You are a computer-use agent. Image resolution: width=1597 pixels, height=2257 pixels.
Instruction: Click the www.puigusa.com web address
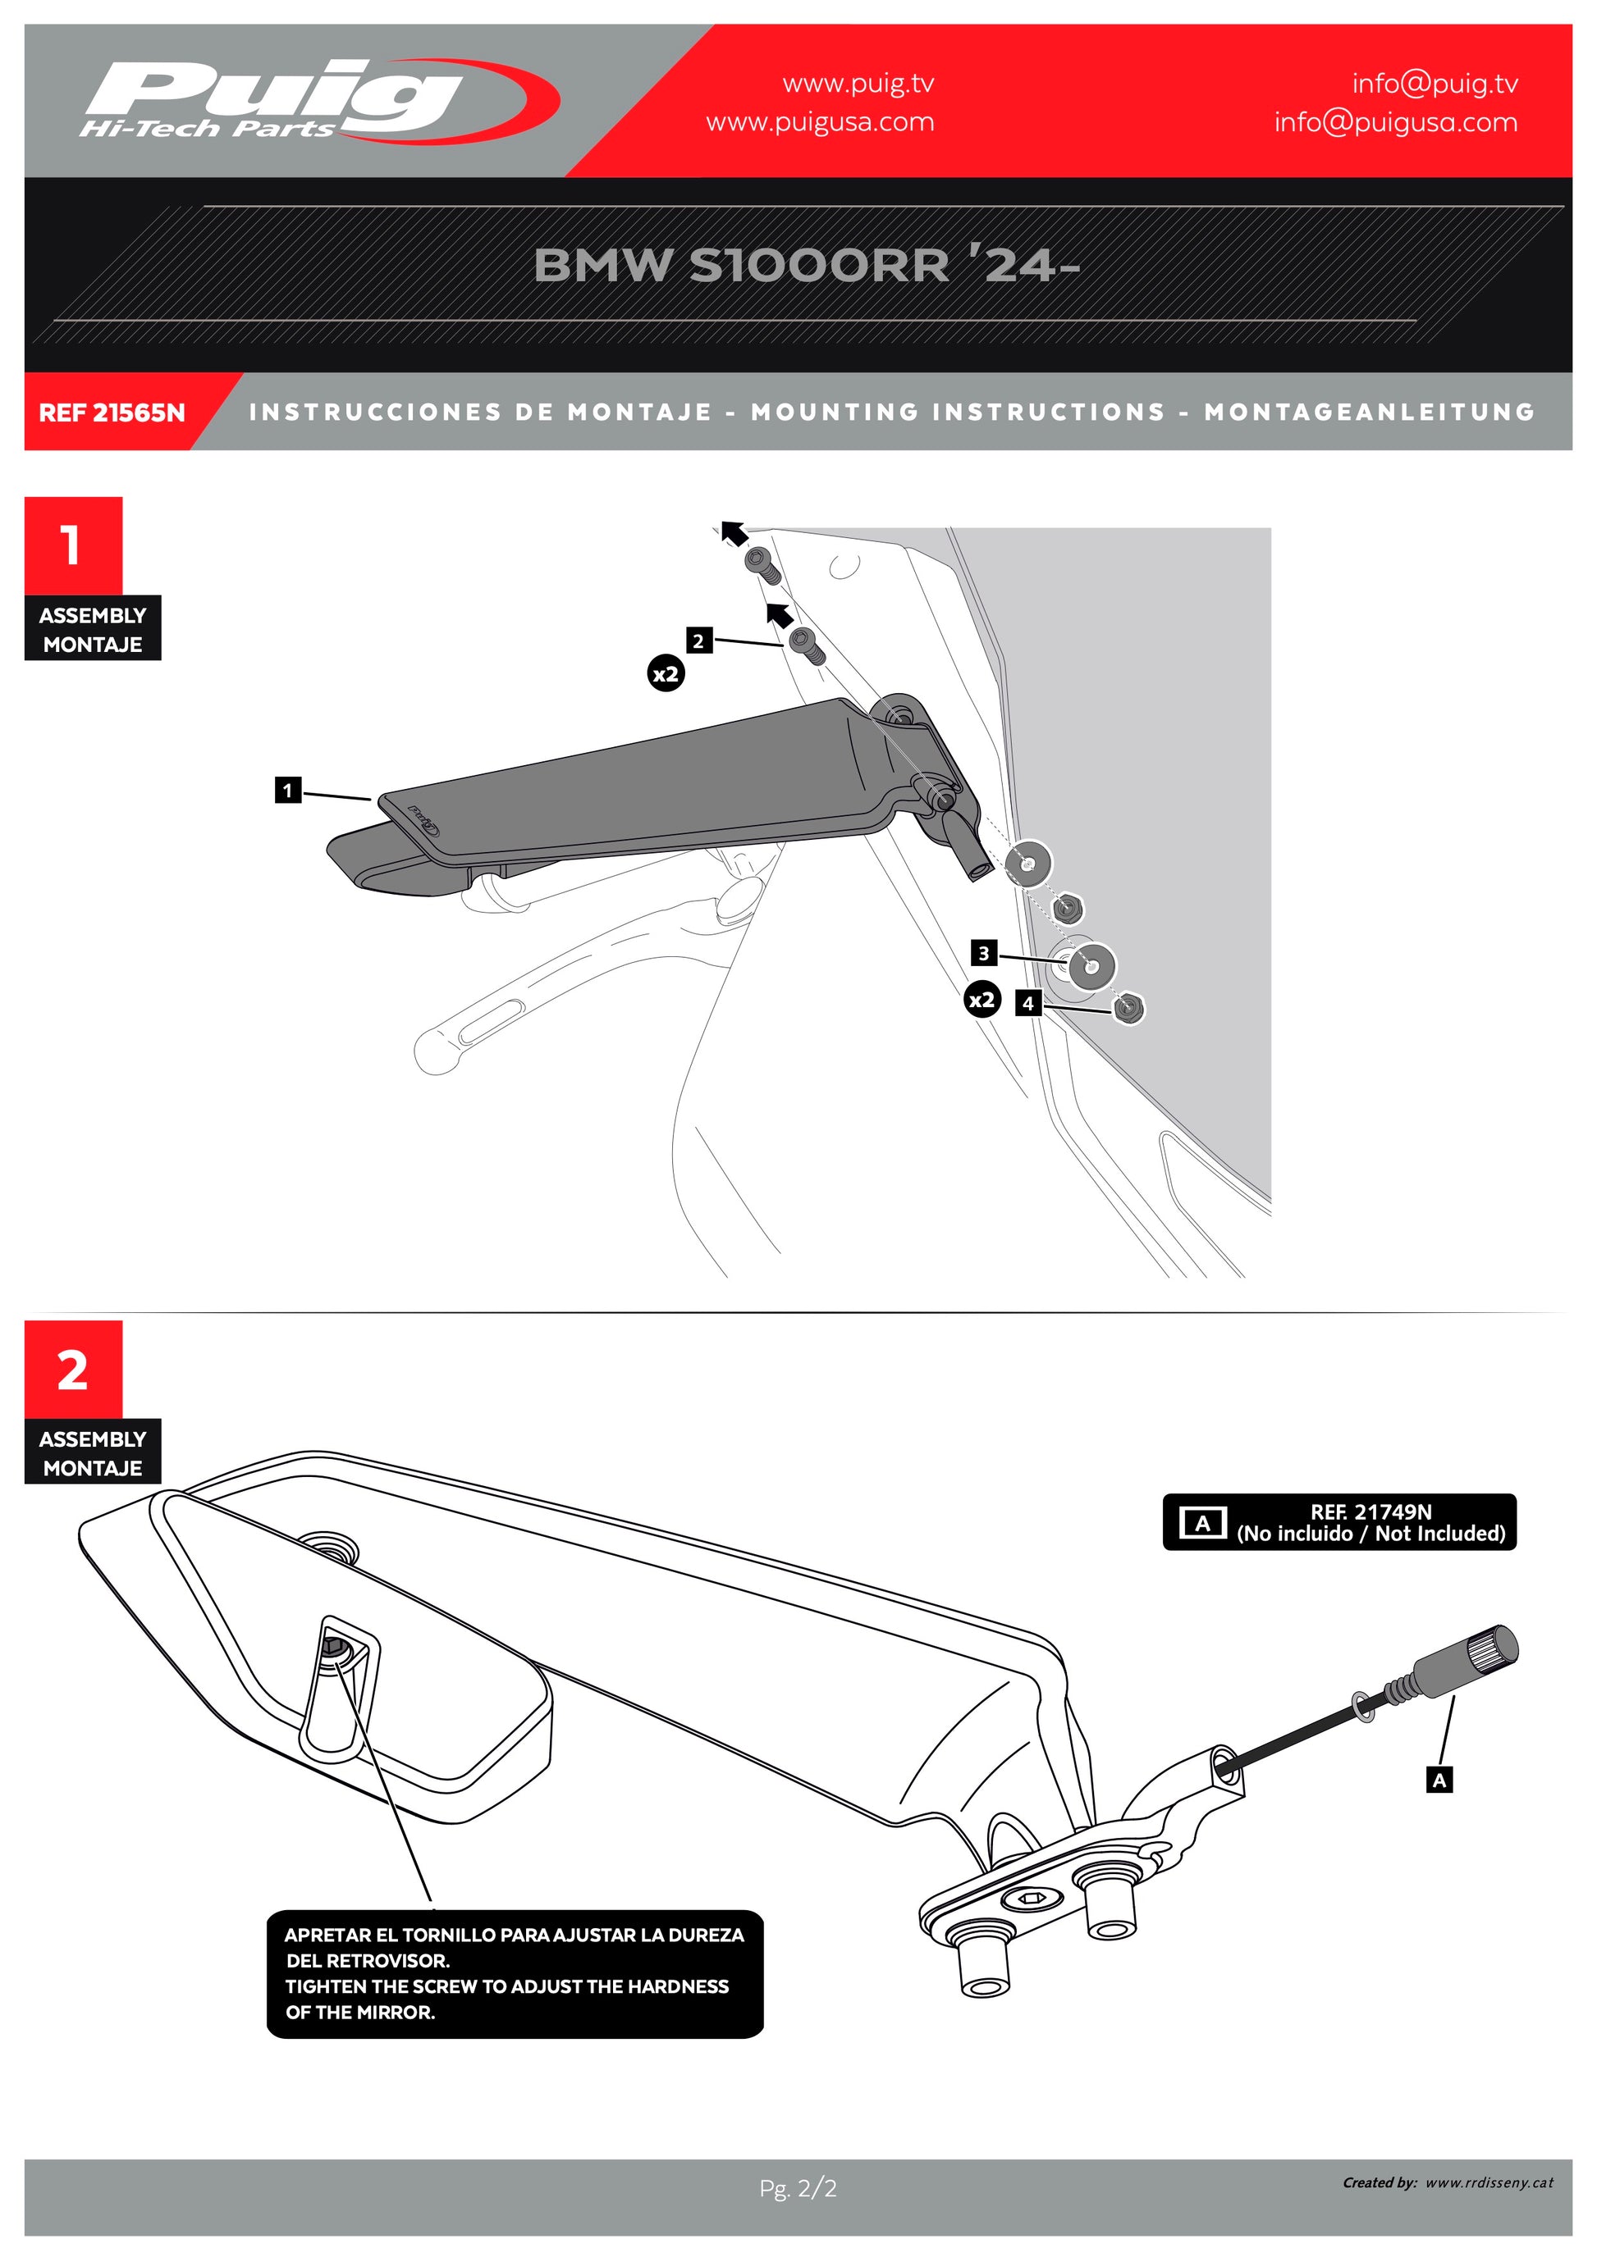click(819, 122)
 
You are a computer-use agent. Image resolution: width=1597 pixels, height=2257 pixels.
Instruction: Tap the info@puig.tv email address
click(1434, 84)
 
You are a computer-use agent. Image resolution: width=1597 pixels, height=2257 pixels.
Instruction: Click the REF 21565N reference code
click(111, 413)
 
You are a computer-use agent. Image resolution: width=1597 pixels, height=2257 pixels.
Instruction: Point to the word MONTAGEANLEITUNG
click(1369, 412)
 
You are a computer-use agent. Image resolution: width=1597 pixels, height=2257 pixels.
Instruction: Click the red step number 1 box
click(73, 545)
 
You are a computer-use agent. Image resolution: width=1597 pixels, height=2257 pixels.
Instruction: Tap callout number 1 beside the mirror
click(287, 789)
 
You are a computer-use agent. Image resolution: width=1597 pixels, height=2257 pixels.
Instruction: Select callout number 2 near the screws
click(698, 641)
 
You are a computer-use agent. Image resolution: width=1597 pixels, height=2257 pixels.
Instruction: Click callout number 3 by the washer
click(983, 952)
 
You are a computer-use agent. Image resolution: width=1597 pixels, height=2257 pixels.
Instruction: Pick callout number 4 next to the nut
click(1027, 1003)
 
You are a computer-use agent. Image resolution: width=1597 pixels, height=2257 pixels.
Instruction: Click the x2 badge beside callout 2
click(666, 673)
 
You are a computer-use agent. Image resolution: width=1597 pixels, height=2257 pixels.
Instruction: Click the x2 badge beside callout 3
click(982, 1000)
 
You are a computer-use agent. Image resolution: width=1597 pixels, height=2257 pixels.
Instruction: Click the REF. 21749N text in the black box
click(1370, 1512)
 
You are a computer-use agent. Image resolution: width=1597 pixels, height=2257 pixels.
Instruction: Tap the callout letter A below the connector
click(1439, 1779)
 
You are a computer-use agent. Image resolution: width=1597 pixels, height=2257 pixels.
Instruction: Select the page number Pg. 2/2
click(798, 2188)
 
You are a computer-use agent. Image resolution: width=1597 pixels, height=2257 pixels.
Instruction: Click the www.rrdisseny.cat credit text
click(1489, 2182)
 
